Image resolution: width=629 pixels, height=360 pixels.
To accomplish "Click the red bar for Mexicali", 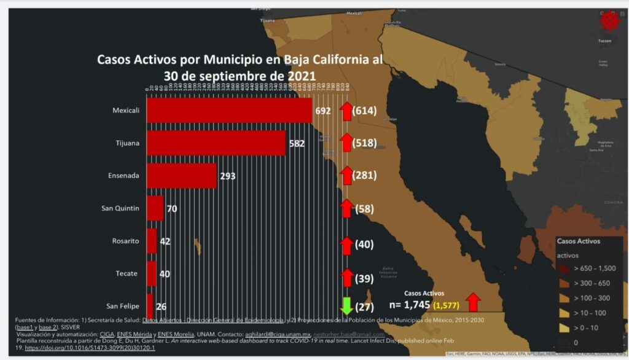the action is click(229, 111).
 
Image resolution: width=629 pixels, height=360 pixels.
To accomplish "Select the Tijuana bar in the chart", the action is click(215, 143).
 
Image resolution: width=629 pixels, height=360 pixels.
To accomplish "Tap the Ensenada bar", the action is click(181, 176).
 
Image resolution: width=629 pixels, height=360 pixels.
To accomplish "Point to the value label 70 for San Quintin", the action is click(171, 209).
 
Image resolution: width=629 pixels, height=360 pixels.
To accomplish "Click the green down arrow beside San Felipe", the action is click(346, 306).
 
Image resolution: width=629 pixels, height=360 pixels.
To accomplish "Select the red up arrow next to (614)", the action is click(346, 111).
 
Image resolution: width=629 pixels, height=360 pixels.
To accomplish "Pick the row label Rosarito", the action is click(125, 241).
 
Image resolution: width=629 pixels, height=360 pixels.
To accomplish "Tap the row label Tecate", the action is click(127, 273).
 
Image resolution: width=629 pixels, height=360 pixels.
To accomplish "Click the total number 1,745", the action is click(417, 305).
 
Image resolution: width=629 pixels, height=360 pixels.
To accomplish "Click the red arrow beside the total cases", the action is click(472, 302).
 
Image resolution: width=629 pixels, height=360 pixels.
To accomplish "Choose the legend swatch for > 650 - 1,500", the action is click(563, 269).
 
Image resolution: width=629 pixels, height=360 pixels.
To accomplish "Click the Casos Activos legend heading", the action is click(579, 241).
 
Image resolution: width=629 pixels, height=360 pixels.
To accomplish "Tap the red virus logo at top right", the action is click(609, 21).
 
